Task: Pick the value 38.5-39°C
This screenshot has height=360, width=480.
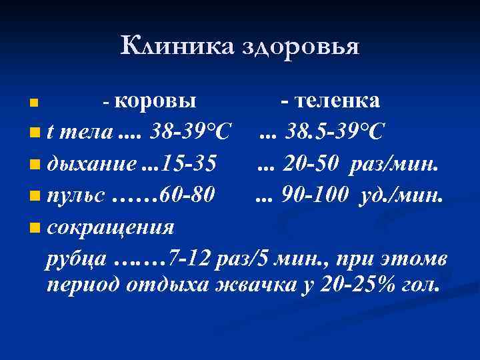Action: click(x=334, y=132)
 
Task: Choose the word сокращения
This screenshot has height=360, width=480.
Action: click(x=110, y=227)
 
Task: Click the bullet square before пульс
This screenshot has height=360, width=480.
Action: click(x=34, y=197)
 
